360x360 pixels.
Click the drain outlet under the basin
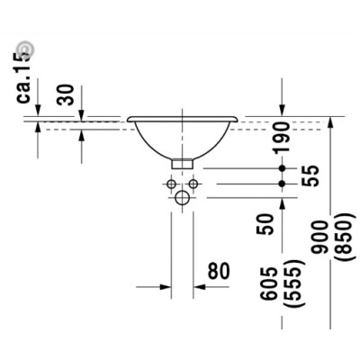(183, 164)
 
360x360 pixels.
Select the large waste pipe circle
(183, 197)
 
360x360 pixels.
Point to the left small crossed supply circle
(170, 183)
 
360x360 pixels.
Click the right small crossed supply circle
(194, 183)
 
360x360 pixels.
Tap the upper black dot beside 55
(283, 168)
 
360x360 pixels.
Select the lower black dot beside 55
(283, 183)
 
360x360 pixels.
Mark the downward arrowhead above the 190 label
(283, 111)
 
